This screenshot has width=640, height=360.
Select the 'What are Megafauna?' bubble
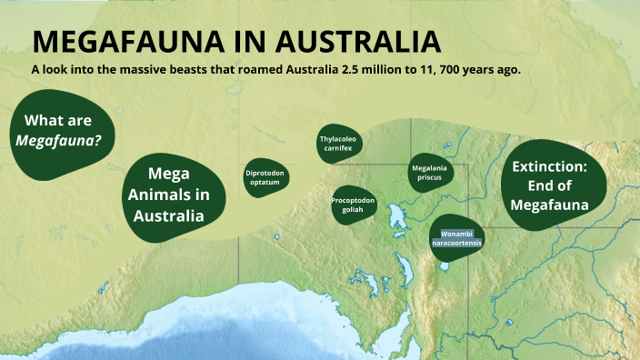[63, 133]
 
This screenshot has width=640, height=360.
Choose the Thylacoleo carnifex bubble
[340, 143]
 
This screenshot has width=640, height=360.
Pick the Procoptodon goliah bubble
[354, 203]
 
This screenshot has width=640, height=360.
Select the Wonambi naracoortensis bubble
[456, 238]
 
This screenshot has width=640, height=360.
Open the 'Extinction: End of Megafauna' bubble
[550, 186]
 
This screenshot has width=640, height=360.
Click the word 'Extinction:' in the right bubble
[550, 167]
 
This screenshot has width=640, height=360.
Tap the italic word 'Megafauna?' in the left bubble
[58, 141]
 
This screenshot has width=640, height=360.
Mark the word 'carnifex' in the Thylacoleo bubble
[339, 147]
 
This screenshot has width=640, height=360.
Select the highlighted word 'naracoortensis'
[456, 244]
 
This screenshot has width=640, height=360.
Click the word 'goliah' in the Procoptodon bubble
[354, 208]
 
